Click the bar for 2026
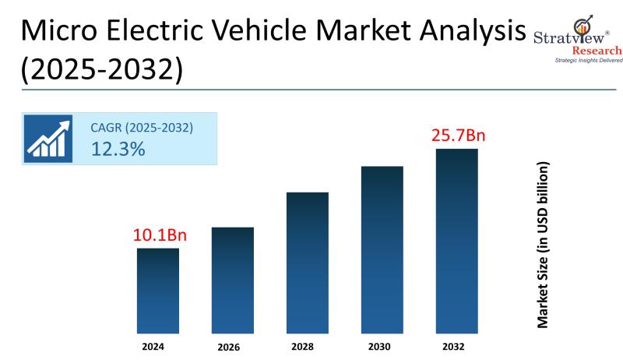(x=233, y=281)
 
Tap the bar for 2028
(x=308, y=263)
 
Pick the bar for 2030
(x=382, y=249)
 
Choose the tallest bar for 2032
(x=457, y=241)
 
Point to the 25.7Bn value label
(x=458, y=136)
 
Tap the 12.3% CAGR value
(x=118, y=150)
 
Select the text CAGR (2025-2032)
(x=142, y=127)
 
